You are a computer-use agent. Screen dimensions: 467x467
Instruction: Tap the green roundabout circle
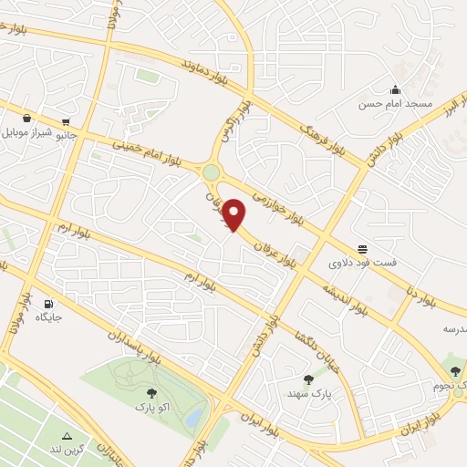click(x=212, y=171)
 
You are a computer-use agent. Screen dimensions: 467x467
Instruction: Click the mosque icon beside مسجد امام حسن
click(x=395, y=89)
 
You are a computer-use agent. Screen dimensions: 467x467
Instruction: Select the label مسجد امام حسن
click(x=394, y=105)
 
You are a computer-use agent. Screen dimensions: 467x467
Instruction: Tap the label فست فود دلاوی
click(x=363, y=262)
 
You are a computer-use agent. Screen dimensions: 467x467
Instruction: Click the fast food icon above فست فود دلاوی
click(x=363, y=248)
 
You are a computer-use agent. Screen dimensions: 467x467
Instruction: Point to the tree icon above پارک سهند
click(x=308, y=379)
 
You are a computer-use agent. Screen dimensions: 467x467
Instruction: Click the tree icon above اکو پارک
click(x=151, y=392)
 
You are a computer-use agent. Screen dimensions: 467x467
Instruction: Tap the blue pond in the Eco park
click(x=193, y=418)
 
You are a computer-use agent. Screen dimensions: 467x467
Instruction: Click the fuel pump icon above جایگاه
click(x=47, y=304)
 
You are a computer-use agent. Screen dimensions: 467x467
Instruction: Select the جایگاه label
click(x=47, y=317)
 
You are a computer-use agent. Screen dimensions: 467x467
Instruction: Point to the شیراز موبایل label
click(x=29, y=132)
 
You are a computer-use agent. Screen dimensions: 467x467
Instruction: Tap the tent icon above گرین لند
click(x=67, y=435)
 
